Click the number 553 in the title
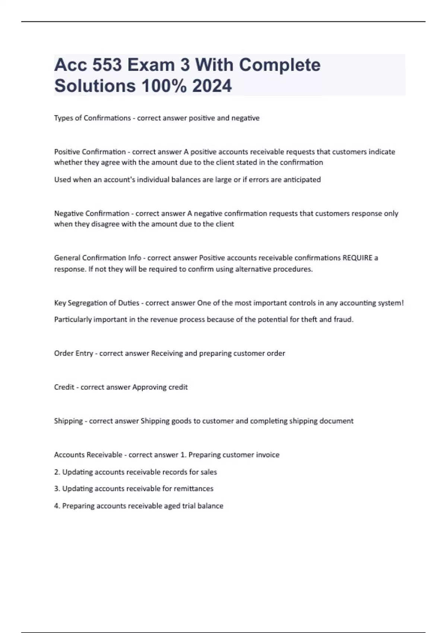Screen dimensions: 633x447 click(x=107, y=65)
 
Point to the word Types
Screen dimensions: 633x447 click(x=63, y=118)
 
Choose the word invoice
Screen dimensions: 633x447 click(x=267, y=455)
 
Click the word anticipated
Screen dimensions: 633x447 click(x=302, y=179)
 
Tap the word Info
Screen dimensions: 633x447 click(x=134, y=258)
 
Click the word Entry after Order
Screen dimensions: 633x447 click(x=84, y=353)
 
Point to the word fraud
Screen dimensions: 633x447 click(x=343, y=319)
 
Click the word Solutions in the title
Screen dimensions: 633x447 click(x=95, y=86)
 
